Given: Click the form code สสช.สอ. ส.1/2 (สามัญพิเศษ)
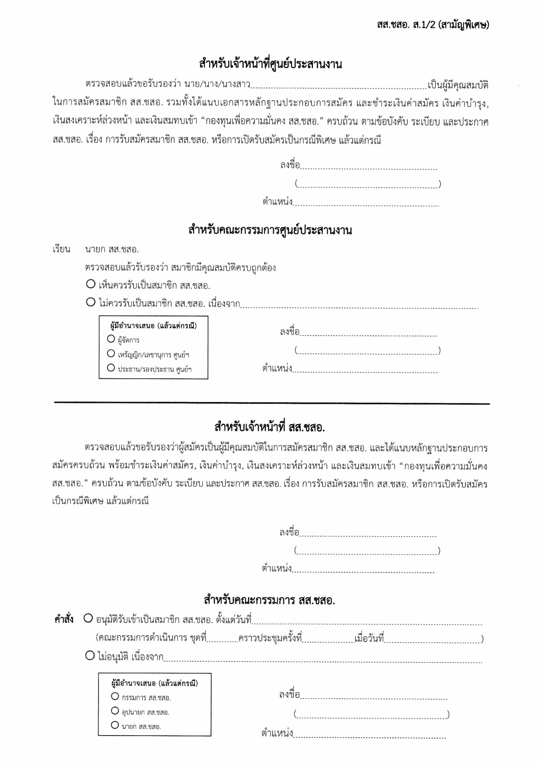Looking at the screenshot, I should [x=432, y=25].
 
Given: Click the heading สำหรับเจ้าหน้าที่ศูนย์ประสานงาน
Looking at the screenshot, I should [x=270, y=64].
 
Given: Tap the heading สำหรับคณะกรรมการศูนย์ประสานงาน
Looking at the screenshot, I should [x=270, y=230].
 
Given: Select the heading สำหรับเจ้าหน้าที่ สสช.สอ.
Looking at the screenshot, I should [x=270, y=426].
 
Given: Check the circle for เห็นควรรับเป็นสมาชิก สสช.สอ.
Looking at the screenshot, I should [x=91, y=284].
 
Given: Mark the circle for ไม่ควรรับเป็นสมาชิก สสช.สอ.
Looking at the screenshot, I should [x=91, y=302].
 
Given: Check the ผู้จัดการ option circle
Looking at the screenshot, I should [x=111, y=339].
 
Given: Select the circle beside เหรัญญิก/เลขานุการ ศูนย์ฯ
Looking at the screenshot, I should [x=111, y=354].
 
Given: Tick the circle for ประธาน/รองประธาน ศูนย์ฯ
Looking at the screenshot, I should [x=111, y=368].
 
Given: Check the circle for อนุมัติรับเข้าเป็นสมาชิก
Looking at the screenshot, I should [x=89, y=619].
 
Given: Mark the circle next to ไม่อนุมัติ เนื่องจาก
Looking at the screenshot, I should [x=90, y=656].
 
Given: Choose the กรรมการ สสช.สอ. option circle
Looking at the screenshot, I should [x=115, y=696].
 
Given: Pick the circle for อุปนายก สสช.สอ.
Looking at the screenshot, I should [x=115, y=711].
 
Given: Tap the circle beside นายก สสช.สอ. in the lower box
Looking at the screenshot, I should [x=115, y=725].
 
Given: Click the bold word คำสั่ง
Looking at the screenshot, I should [x=64, y=620].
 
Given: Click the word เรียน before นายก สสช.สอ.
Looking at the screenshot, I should [x=61, y=249].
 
